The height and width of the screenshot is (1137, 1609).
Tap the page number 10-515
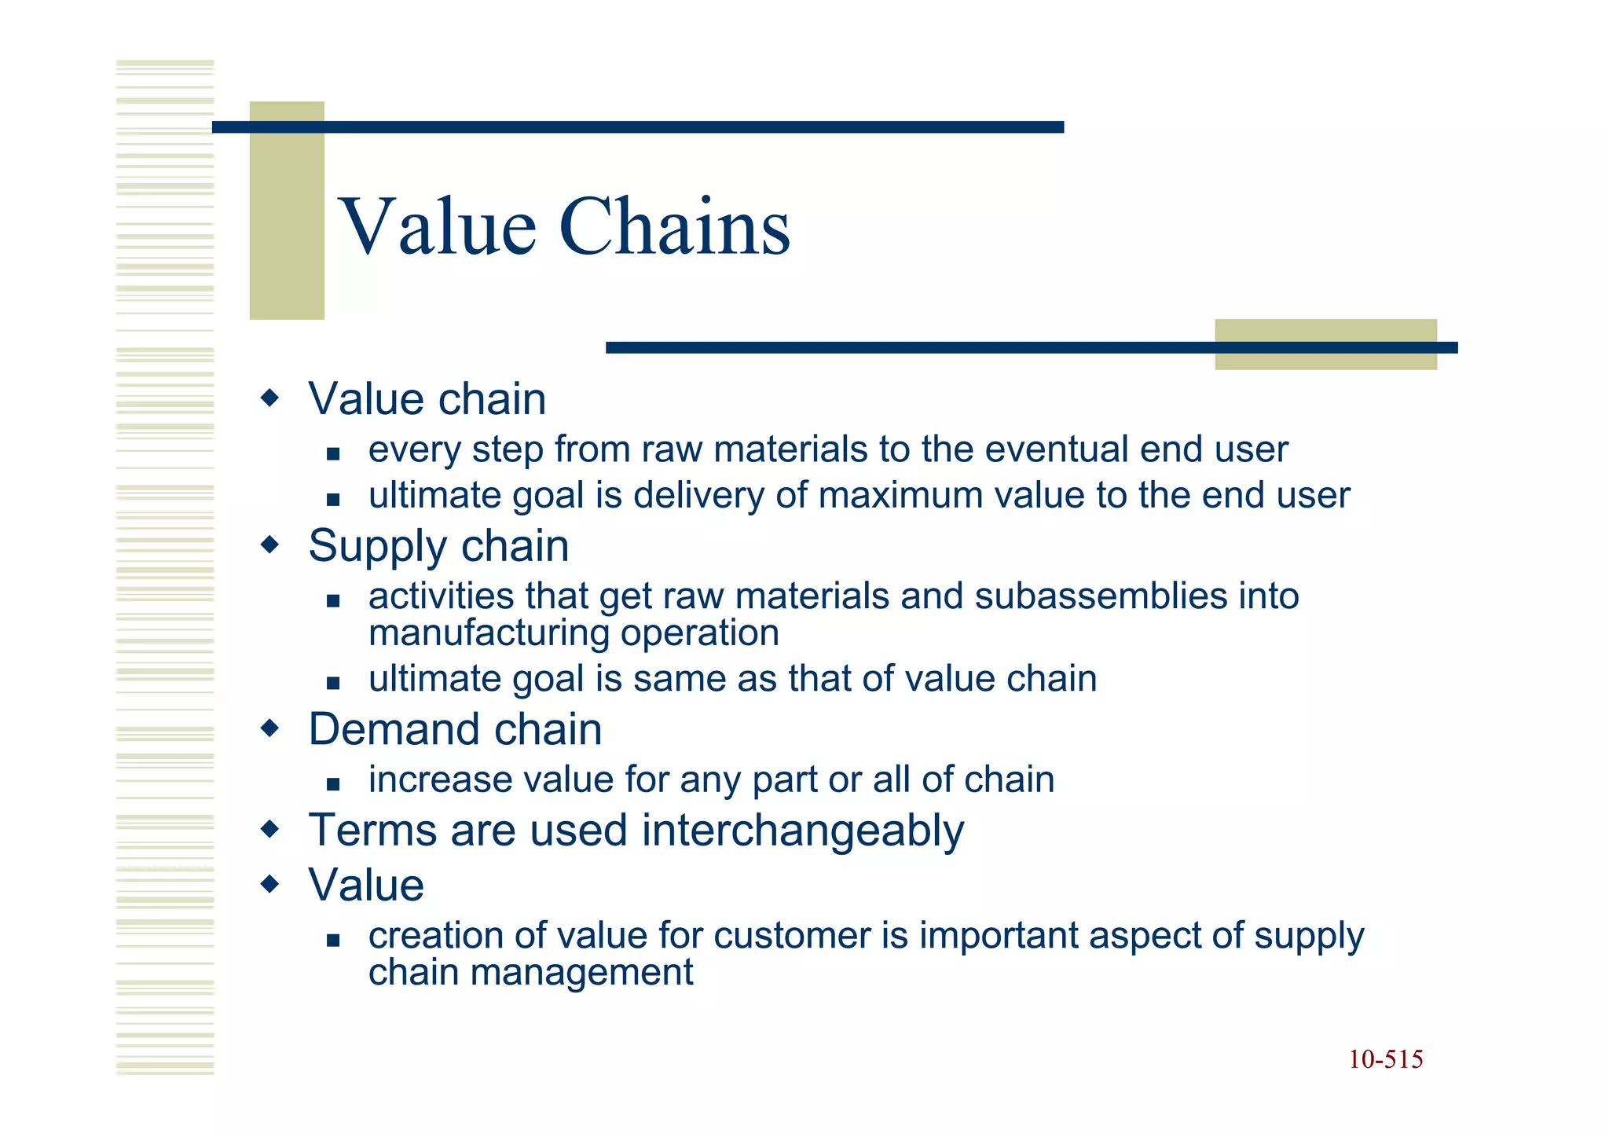tap(1385, 1060)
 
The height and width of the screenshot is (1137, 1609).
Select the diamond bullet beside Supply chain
tap(269, 545)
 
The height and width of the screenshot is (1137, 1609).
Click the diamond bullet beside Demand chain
tap(269, 728)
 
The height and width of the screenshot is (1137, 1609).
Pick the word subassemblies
tap(1101, 596)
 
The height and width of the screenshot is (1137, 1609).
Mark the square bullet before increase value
tap(333, 783)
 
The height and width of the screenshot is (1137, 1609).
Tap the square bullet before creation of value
tap(333, 940)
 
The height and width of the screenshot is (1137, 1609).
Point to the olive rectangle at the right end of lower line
tap(1325, 344)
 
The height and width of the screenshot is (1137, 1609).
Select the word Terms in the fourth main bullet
tap(373, 831)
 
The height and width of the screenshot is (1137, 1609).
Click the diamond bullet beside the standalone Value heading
tap(269, 885)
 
